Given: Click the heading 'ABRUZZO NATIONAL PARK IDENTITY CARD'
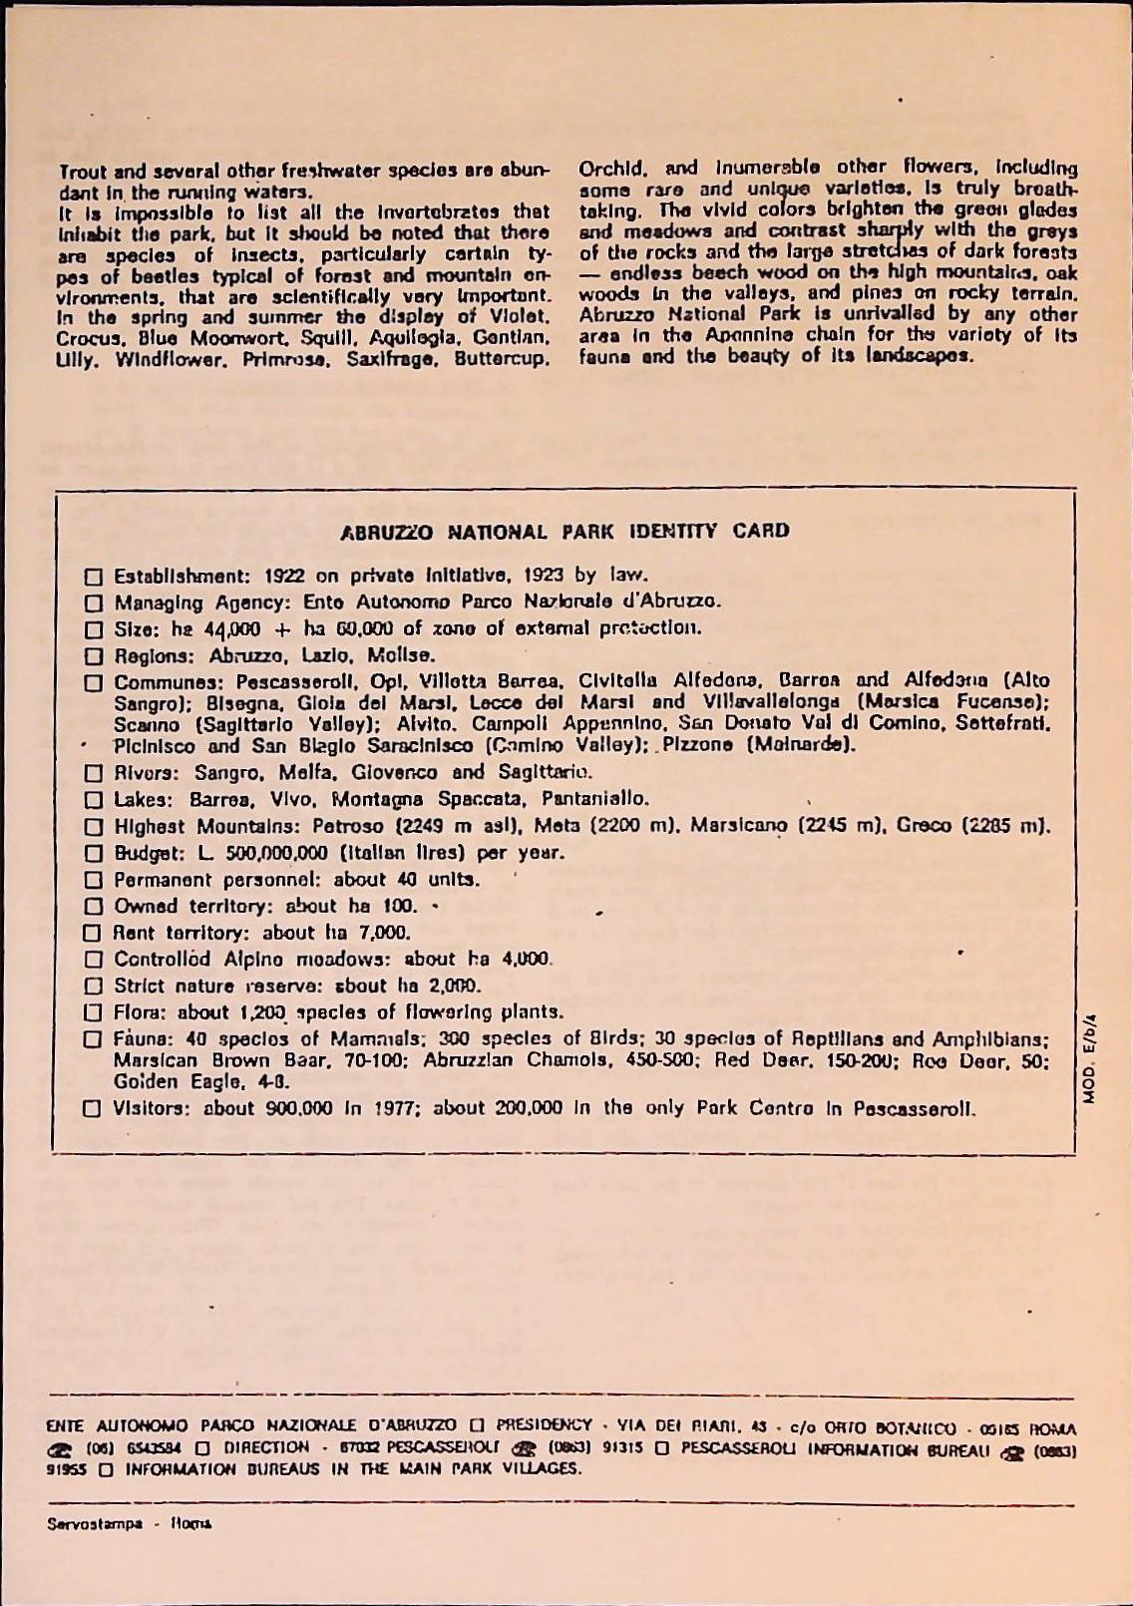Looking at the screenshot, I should coord(566,531).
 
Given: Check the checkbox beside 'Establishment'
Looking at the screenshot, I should coord(94,577).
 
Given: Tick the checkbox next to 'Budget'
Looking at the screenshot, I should coord(94,854).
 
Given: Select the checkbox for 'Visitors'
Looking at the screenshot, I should coord(93,1108).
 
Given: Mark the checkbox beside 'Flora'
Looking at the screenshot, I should coord(93,1013).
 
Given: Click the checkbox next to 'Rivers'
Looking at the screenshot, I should coord(94,773).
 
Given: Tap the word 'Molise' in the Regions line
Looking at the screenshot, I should coord(402,656).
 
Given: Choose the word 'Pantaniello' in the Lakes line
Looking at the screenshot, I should coord(595,799).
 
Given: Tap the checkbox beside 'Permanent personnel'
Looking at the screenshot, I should coord(94,881).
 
